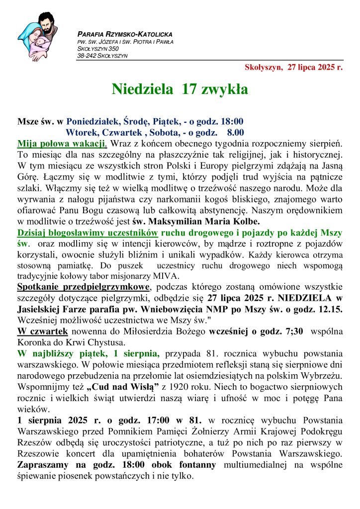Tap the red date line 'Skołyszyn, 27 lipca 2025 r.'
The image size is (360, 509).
(293, 67)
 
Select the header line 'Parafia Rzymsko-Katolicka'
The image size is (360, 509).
(125, 34)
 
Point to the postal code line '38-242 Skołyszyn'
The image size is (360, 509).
(102, 56)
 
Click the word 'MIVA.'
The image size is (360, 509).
(169, 276)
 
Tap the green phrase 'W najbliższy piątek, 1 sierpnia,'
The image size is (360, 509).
(89, 353)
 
